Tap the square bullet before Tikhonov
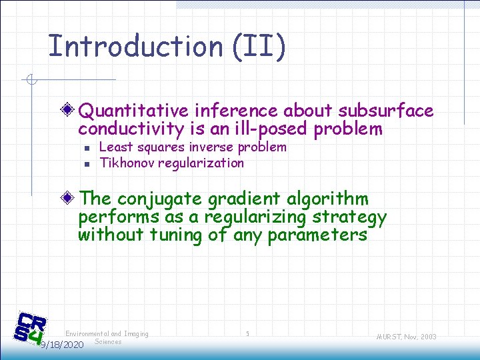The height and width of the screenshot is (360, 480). tap(87, 163)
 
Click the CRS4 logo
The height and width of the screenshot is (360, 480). tap(31, 329)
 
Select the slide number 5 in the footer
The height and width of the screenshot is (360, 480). tap(247, 333)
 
